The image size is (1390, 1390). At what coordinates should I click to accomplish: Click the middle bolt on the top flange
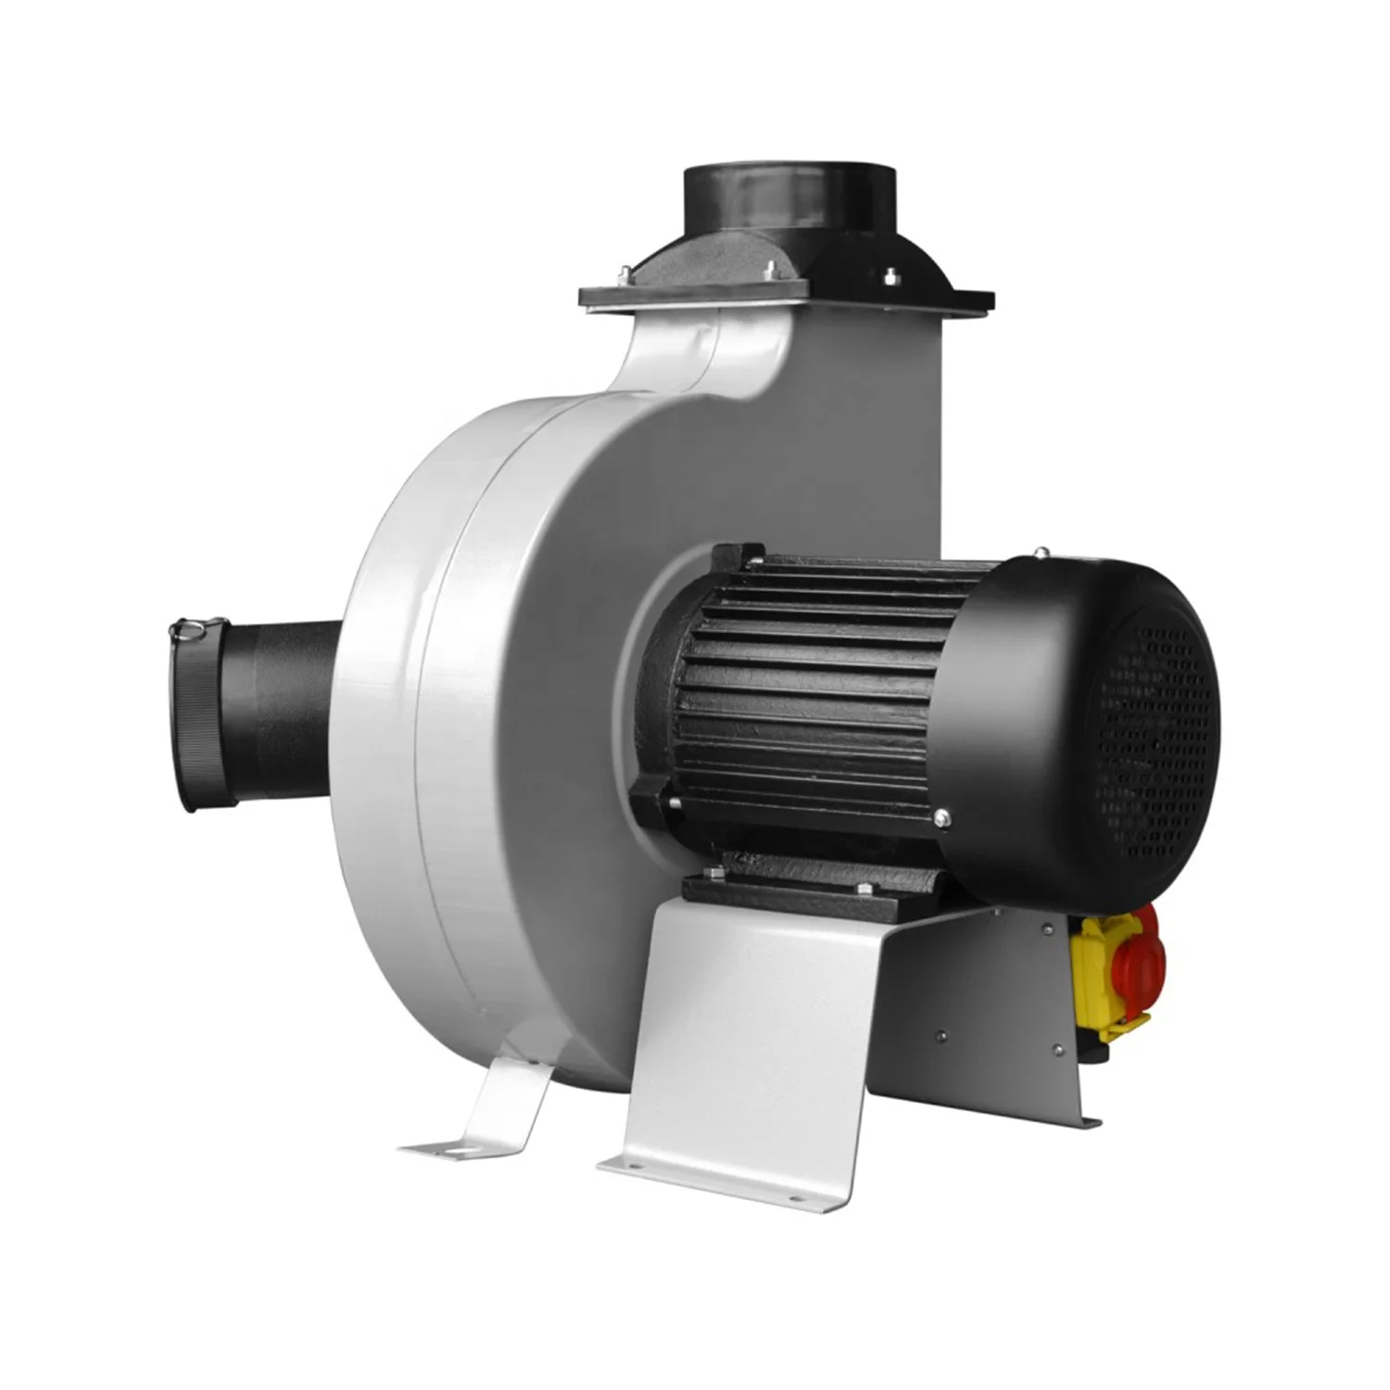(771, 269)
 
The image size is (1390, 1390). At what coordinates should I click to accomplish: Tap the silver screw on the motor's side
(942, 816)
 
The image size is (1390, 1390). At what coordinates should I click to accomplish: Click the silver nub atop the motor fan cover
(1041, 553)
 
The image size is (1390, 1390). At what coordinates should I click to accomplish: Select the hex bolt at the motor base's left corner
(714, 876)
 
